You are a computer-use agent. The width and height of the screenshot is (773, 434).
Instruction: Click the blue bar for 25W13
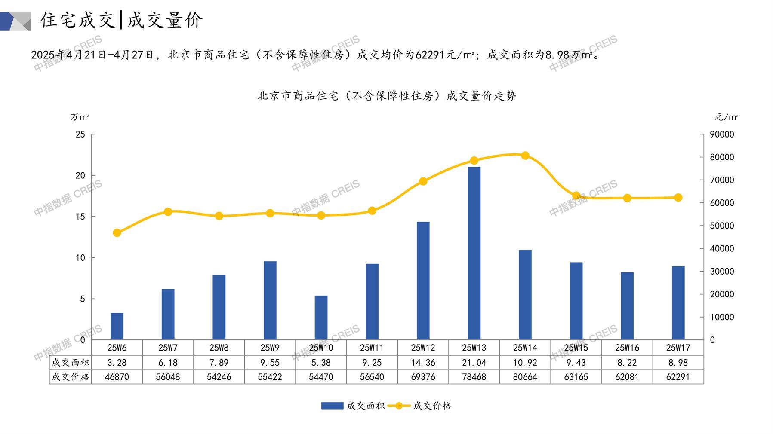tap(474, 254)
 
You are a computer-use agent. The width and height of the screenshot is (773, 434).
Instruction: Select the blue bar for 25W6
tap(117, 326)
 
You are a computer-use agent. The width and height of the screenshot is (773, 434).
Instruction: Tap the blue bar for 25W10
tap(321, 318)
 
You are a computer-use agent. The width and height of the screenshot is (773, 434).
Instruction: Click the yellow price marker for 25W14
tap(525, 156)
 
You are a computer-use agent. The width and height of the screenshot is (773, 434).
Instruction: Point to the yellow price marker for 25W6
tap(117, 233)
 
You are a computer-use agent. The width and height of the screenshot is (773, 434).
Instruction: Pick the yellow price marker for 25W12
tap(423, 181)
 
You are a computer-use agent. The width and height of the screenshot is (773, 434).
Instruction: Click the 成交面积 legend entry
tap(353, 406)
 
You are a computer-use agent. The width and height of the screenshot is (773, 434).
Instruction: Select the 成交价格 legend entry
tap(419, 406)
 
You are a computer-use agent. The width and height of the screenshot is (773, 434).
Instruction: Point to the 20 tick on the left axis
tap(80, 175)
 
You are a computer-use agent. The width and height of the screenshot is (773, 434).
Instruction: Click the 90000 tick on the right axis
tap(722, 134)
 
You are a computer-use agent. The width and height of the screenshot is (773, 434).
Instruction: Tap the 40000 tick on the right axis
tap(722, 248)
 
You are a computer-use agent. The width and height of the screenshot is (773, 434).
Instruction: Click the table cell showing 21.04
tap(474, 363)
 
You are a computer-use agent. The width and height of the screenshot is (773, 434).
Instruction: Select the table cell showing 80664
tap(525, 377)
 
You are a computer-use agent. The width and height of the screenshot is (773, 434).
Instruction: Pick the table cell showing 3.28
tap(117, 363)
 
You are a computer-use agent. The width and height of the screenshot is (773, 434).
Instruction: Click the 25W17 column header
tap(678, 348)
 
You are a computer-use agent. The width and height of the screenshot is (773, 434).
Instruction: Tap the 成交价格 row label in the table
tap(70, 377)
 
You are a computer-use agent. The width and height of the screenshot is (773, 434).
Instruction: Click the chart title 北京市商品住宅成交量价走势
tap(386, 96)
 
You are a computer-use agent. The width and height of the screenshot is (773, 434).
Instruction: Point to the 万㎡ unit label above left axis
tap(80, 117)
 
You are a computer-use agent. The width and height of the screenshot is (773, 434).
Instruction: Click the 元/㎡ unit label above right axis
tap(726, 117)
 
